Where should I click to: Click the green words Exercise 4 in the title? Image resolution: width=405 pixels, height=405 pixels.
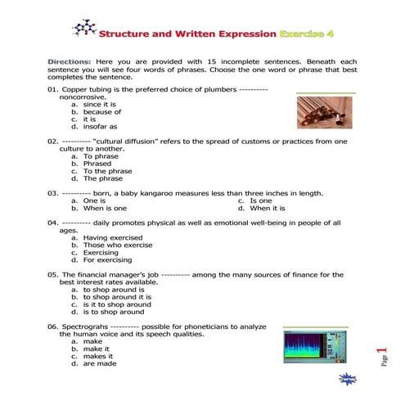309,35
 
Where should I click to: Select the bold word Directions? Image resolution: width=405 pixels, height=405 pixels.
70,62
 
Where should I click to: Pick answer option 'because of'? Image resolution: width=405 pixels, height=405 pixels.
101,112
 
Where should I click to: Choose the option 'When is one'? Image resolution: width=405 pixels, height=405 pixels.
105,208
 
